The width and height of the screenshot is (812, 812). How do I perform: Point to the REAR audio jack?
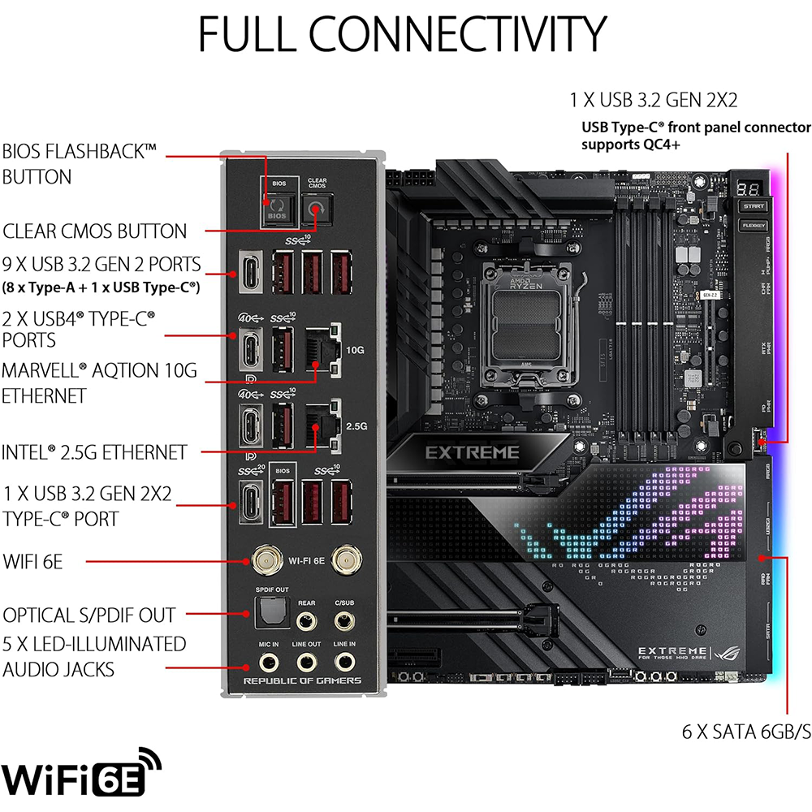pos(307,621)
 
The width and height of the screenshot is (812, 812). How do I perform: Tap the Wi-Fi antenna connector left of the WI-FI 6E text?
pos(262,559)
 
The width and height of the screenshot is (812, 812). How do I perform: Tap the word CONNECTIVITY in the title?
pos(458,34)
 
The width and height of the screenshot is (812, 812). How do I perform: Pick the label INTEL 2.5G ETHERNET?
pos(95,452)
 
